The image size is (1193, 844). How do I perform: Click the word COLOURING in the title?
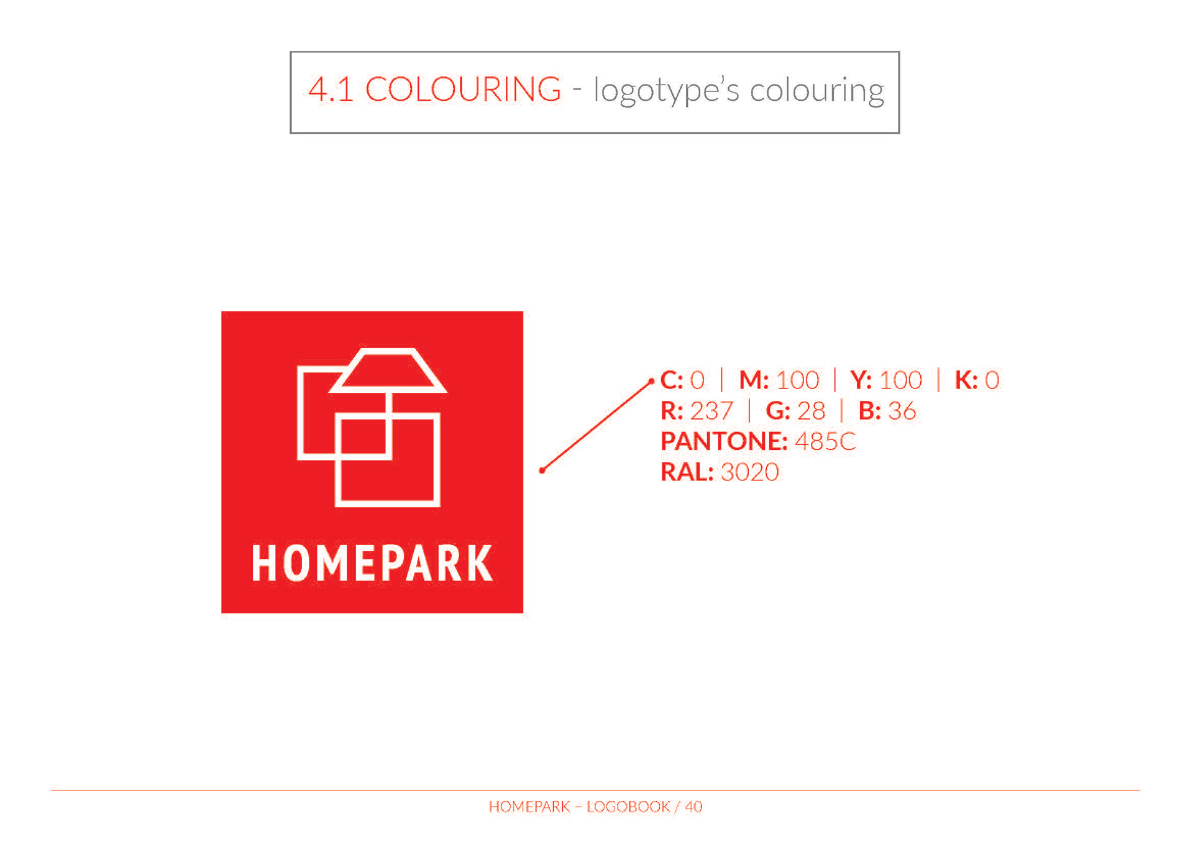(463, 89)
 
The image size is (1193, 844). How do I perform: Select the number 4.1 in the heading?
(331, 89)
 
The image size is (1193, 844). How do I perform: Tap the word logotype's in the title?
(667, 91)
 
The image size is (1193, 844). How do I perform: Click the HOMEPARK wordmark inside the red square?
(372, 563)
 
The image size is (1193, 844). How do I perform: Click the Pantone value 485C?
(825, 441)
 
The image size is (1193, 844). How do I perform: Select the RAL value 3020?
(749, 472)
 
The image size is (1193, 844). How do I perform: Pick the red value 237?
(711, 411)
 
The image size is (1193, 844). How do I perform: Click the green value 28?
(811, 411)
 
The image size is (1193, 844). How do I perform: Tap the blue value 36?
(902, 411)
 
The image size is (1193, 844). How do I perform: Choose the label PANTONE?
(724, 441)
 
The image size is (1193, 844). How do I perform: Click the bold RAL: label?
(687, 472)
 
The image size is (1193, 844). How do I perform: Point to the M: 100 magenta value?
(779, 380)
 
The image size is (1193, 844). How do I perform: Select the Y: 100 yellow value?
(886, 380)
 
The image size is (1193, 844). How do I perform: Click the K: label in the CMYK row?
(966, 380)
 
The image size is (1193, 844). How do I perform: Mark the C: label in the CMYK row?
(672, 380)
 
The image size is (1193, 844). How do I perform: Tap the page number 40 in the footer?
(693, 807)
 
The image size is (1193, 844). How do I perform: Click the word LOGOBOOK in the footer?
(628, 807)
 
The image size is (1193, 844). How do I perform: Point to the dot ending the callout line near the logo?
(542, 470)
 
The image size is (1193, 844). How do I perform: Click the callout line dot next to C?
(651, 381)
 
